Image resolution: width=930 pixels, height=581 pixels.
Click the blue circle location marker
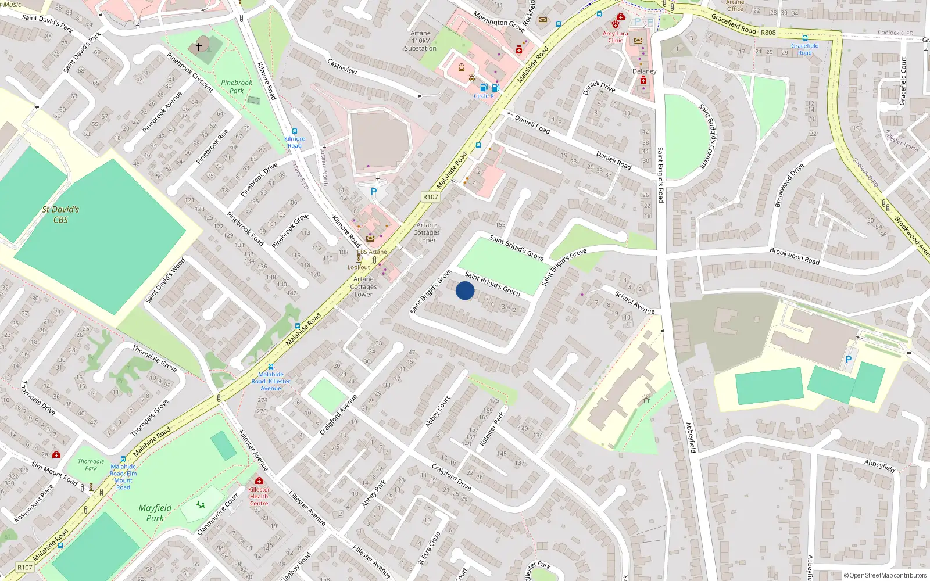click(465, 290)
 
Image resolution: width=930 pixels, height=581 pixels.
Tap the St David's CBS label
click(60, 214)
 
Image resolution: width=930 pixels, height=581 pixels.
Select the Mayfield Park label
click(155, 512)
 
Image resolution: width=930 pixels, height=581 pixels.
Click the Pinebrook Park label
click(237, 87)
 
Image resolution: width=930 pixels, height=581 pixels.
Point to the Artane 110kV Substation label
click(420, 41)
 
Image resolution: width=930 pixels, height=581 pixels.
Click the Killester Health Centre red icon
click(259, 481)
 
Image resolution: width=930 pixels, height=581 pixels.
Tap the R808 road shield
click(768, 33)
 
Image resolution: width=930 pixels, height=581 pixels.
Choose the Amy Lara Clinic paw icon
click(616, 24)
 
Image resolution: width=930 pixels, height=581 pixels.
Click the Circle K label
click(484, 96)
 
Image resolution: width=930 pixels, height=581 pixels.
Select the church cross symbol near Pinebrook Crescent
click(199, 46)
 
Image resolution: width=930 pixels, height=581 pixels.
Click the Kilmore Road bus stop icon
click(295, 131)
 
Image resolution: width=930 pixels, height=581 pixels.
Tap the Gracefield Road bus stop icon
click(805, 38)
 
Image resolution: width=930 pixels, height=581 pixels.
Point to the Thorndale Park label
click(91, 465)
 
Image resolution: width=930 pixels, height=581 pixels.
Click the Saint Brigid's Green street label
click(492, 284)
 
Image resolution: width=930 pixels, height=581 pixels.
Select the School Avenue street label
click(635, 303)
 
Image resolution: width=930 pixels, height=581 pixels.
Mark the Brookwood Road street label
click(794, 256)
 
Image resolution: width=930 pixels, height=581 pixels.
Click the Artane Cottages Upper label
click(427, 232)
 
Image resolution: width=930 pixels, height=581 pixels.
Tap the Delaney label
click(644, 71)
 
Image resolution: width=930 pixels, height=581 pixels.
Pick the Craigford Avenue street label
click(338, 415)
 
